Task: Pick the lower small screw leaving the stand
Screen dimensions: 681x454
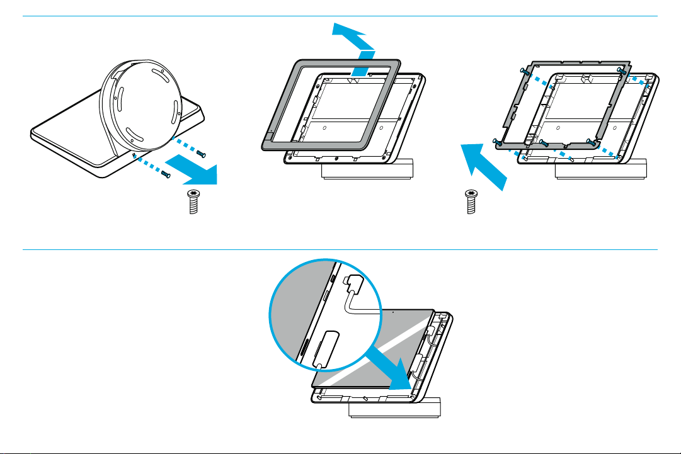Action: click(165, 174)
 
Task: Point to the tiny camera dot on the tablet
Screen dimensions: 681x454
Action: click(393, 310)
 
